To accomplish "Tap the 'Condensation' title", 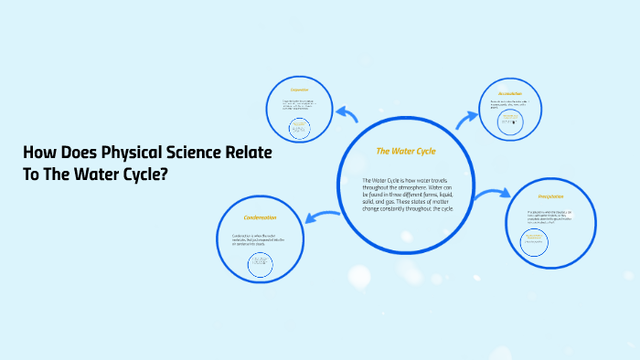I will pos(260,217).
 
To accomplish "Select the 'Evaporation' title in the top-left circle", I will pos(300,90).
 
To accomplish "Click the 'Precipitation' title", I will pos(550,196).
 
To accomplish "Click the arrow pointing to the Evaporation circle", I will pos(347,113).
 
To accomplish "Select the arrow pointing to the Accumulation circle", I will pos(466,117).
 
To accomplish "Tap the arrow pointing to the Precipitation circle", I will pos(495,193).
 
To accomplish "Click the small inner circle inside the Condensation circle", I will pos(260,264).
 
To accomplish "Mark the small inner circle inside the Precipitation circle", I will pos(535,243).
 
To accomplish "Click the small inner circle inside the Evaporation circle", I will pos(299,128).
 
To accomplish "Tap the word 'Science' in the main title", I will pos(190,154).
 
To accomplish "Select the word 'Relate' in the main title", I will pos(248,154).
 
